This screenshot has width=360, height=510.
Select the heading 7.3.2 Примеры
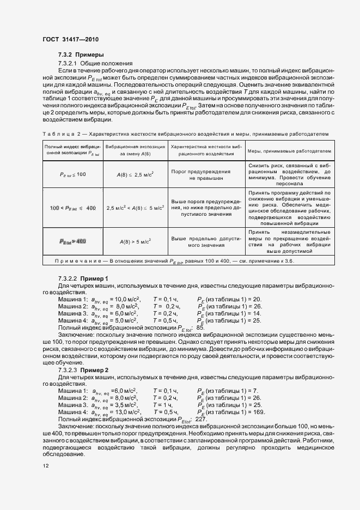81,56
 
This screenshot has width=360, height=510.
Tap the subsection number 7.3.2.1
69,64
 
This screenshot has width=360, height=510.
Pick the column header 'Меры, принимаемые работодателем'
289,150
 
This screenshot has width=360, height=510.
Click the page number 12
46,466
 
